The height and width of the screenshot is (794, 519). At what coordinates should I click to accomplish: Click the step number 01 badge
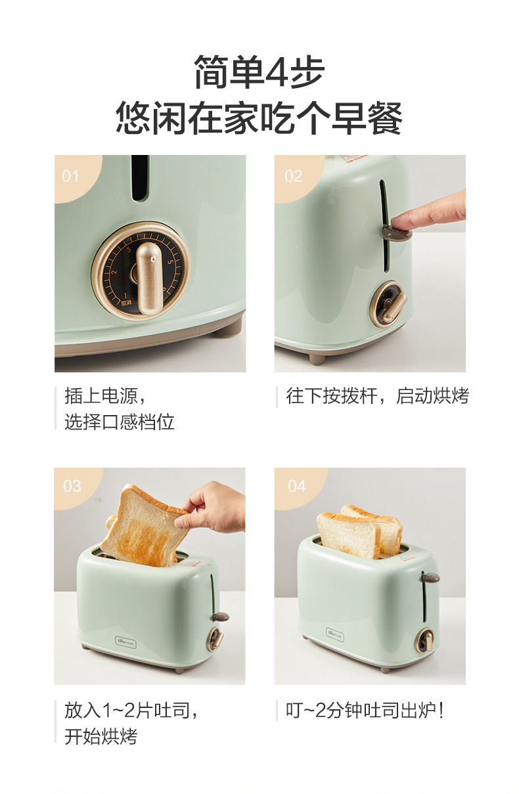70,176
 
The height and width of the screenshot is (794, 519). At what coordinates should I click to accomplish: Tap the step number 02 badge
294,176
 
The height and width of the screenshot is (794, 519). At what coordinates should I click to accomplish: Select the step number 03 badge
72,486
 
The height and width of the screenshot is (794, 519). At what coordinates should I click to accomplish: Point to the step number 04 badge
297,486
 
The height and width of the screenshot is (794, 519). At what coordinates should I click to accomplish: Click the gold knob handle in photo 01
148,276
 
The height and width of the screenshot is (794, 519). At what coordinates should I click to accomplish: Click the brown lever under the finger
394,231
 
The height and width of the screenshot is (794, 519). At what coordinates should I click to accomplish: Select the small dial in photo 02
388,304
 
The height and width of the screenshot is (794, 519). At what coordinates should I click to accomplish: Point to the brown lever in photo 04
430,578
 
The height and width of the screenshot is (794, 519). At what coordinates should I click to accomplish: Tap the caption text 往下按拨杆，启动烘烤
377,396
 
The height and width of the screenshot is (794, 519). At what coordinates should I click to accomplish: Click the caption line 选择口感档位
120,422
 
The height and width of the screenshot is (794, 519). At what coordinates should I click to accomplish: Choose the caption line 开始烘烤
101,736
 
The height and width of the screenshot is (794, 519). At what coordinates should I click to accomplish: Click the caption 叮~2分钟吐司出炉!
365,710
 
